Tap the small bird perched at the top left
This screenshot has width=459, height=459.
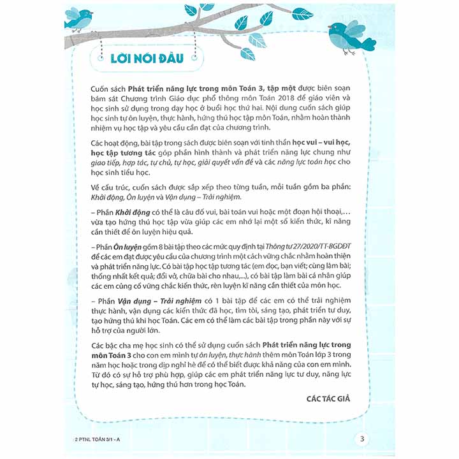(x=79, y=18)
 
